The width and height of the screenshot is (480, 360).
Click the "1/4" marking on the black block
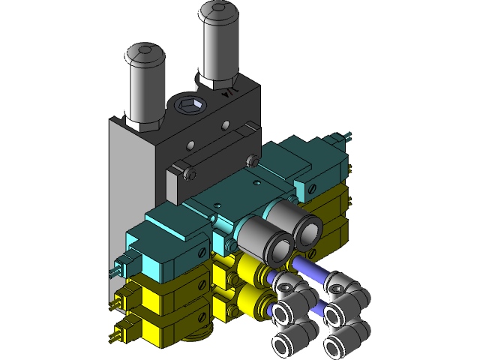coord(229,94)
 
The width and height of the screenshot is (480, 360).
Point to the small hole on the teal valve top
coord(256,182)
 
